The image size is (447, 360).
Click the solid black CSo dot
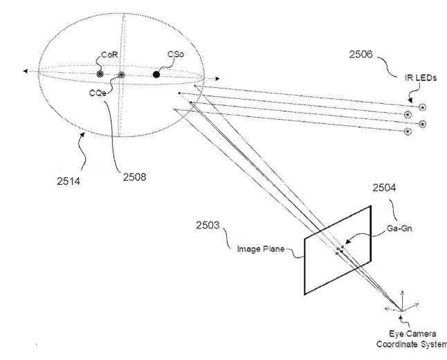(x=156, y=73)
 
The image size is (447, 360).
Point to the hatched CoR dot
(x=101, y=73)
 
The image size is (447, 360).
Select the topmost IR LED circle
(x=422, y=107)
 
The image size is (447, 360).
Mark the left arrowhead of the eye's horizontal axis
(x=26, y=71)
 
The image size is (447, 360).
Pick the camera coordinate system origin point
(x=401, y=309)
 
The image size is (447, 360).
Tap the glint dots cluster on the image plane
(x=339, y=249)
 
